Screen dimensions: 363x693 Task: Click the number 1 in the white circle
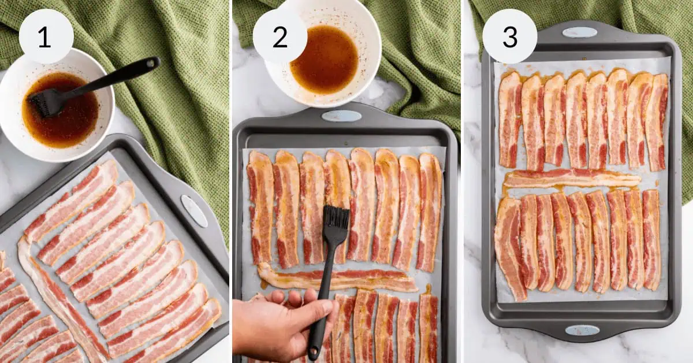(46, 36)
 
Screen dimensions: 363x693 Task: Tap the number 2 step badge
(280, 36)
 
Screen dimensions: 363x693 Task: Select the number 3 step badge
(509, 36)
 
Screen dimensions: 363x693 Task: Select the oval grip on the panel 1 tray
(194, 211)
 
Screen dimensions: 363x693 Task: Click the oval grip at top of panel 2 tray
(341, 116)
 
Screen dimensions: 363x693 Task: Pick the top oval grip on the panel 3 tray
(579, 32)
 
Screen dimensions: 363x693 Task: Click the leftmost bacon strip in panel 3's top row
(509, 120)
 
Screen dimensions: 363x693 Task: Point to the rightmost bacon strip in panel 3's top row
(656, 121)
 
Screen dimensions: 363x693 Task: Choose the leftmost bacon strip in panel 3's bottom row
(509, 249)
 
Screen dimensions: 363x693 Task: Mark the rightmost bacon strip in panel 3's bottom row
(651, 240)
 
